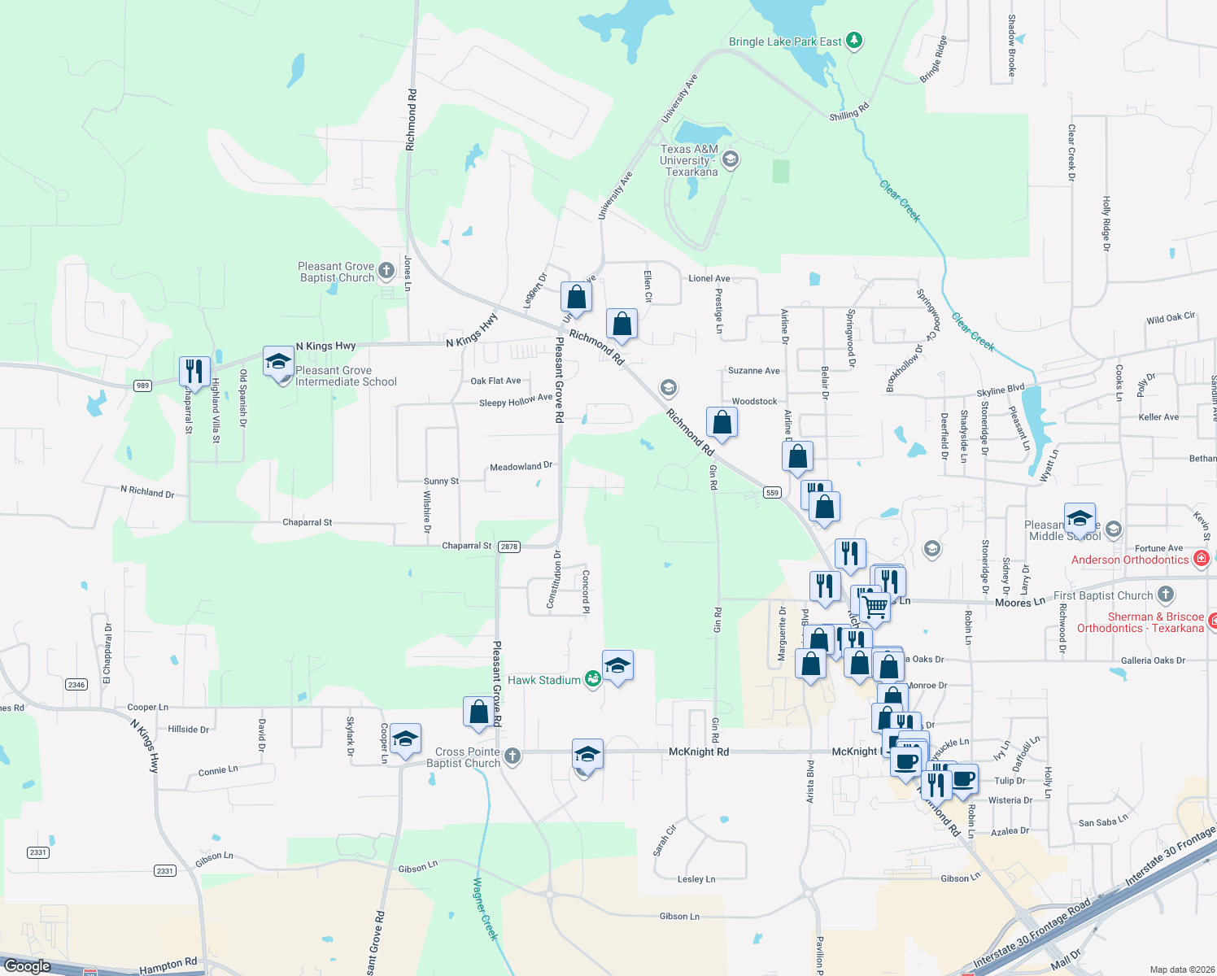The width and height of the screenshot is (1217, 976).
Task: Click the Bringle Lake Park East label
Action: pos(785,41)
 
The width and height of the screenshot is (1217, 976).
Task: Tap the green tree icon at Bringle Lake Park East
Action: pos(853,40)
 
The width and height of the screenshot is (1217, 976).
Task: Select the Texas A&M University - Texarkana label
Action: pos(688,160)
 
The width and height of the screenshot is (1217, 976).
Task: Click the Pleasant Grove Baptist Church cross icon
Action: pos(386,270)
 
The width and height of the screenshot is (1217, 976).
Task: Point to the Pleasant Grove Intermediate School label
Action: pos(346,376)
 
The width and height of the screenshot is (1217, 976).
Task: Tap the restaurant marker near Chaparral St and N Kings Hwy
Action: pos(194,372)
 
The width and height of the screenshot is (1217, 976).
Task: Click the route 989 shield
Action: pos(143,385)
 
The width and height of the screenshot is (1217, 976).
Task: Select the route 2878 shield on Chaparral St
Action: pos(509,547)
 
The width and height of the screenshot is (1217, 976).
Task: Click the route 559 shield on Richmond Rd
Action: pos(772,492)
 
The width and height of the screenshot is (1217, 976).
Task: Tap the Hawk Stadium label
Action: pos(543,680)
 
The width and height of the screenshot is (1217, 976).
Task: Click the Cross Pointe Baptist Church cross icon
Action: pos(512,756)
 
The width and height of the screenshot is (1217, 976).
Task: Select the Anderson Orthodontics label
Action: pos(1130,560)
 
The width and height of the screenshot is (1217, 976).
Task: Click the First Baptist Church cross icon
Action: pos(1166,595)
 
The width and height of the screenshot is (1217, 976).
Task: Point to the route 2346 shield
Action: pos(76,685)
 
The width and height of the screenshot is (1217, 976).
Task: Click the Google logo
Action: pos(27,965)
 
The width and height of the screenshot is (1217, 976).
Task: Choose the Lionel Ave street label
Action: pos(709,278)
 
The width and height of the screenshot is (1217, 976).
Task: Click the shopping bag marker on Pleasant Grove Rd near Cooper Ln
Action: pos(479,711)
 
